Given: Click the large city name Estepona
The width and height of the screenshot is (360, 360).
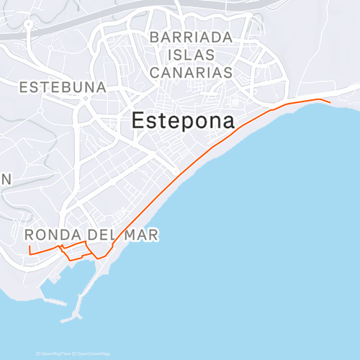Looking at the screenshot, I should click(x=184, y=122).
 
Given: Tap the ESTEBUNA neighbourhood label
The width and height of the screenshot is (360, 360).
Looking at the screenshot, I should click(x=63, y=87).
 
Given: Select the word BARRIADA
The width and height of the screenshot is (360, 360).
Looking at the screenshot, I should click(x=191, y=37).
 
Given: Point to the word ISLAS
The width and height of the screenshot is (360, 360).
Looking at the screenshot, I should click(x=191, y=55).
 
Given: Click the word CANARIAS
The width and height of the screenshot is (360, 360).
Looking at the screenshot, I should click(x=191, y=73).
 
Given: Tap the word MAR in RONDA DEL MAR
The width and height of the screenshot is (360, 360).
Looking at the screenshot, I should click(x=141, y=235).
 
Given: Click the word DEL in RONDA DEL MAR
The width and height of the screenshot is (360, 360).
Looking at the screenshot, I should click(x=104, y=235).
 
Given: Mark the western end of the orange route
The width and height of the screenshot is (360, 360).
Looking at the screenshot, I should click(x=29, y=246).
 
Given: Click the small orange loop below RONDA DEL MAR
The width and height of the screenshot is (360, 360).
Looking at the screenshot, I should click(x=75, y=251).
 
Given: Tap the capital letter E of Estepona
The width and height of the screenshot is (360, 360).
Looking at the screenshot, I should click(x=139, y=122).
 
